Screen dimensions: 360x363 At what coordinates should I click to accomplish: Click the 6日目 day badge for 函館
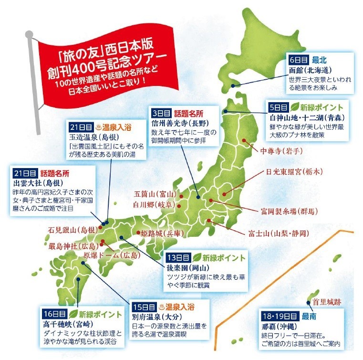[299, 61]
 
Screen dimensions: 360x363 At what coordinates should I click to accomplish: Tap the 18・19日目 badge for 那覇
[279, 316]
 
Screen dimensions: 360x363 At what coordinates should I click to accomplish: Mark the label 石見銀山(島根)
[72, 230]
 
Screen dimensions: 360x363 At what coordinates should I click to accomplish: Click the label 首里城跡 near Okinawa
[329, 301]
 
